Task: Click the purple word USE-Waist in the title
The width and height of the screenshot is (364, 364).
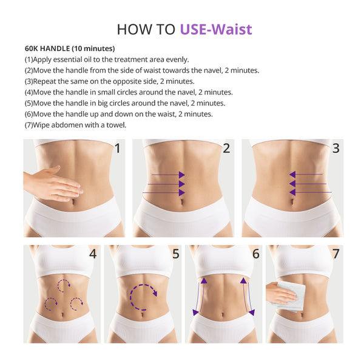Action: (215, 29)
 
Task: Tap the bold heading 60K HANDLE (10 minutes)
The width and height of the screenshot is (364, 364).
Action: (70, 49)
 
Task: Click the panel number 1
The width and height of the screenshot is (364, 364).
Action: (117, 148)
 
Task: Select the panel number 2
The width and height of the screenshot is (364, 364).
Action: (226, 148)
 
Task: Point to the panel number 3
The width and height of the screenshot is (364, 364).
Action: (335, 148)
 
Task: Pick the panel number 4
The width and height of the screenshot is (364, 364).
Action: (92, 254)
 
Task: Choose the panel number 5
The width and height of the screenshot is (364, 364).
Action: (175, 254)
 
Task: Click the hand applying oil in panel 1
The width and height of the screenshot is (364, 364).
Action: (52, 183)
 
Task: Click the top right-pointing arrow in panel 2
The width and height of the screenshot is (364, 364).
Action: (167, 175)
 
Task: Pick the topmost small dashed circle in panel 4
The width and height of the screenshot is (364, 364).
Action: (63, 284)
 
